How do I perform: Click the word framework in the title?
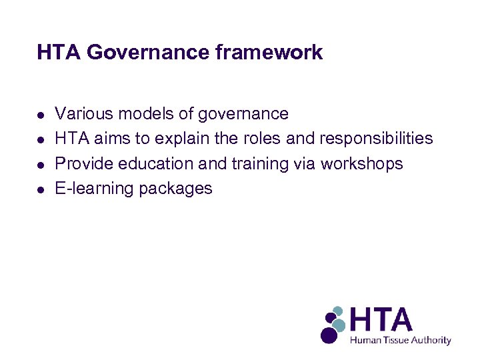tap(269, 52)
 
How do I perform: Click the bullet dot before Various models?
tap(41, 115)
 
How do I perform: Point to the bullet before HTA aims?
tap(41, 139)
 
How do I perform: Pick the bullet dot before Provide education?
tap(41, 164)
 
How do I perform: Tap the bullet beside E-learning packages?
tap(41, 189)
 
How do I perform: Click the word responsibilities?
tap(377, 139)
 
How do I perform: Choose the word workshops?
tap(362, 163)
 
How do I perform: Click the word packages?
tap(175, 189)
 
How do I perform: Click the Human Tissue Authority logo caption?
tap(401, 340)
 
